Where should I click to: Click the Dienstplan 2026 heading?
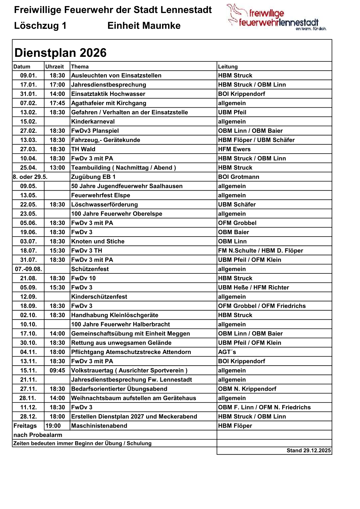pos(61,53)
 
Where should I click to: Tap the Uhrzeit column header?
pos(54,67)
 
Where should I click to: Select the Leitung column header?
pos(228,67)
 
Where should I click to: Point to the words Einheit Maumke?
pos(144,26)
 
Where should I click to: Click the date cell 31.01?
pos(28,94)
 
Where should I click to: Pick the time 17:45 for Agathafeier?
pos(57,103)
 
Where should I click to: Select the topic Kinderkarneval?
pos(93,122)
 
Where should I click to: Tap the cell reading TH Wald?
pos(83,149)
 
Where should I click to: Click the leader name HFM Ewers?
pos(234,149)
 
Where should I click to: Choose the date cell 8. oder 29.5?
pos(30,177)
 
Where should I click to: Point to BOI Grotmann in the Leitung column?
pos(238,177)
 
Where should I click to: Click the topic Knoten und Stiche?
pos(98,241)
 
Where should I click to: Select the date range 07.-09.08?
pos(28,269)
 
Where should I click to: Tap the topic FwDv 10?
pos(83,278)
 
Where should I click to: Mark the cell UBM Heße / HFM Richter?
pos(254,288)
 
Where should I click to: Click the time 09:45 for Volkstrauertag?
pos(57,370)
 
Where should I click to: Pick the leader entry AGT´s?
pos(227,352)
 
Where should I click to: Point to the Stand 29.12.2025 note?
pos(309,451)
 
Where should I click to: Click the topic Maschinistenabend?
pos(99,426)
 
